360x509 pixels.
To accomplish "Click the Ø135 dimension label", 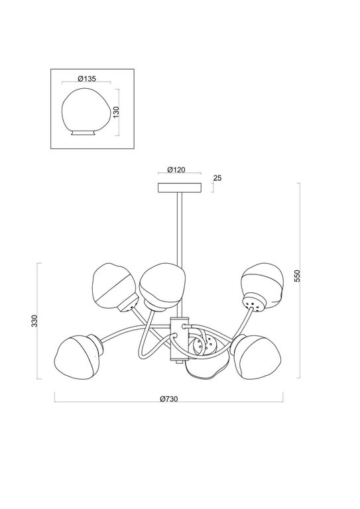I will tap(87, 78).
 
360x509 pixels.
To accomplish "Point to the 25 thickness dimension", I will tap(217, 178).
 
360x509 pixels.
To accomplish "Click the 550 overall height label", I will tap(298, 275).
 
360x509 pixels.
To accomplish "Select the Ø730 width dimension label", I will tap(170, 399).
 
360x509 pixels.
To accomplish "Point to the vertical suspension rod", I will tap(178, 225).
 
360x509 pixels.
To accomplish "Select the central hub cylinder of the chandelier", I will tap(177, 340).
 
